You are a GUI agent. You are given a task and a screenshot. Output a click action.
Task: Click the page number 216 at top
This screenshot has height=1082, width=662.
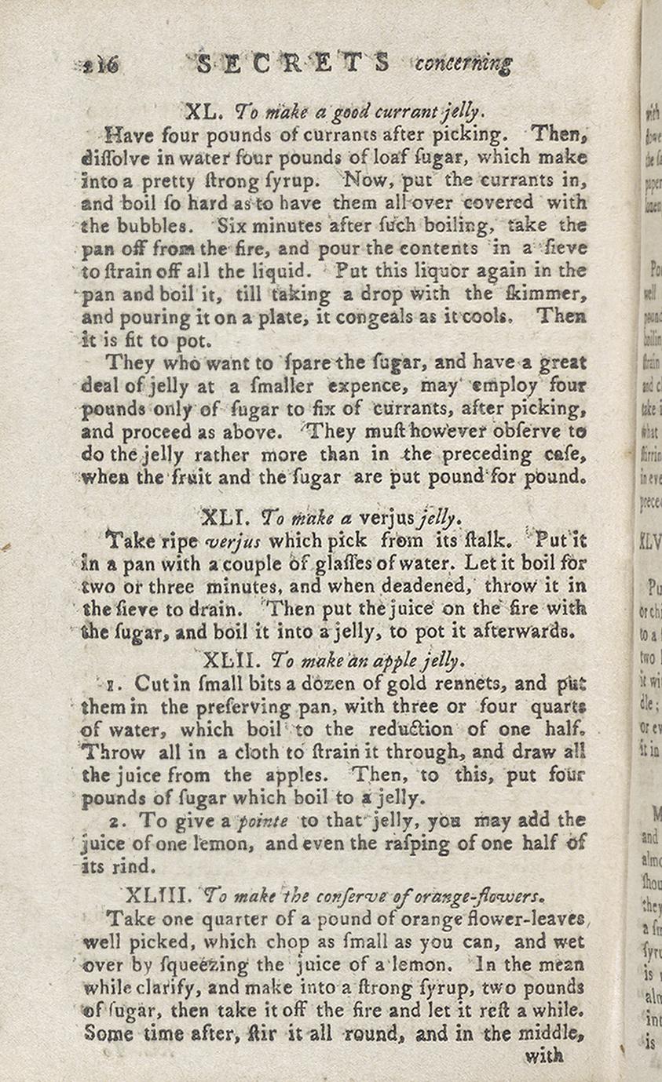101,65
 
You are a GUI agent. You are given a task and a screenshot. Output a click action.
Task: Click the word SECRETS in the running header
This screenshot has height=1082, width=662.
292,63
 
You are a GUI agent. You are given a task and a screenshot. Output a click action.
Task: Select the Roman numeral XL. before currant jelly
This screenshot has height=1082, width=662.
204,111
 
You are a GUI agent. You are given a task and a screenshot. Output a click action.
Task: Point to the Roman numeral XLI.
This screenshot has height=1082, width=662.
226,518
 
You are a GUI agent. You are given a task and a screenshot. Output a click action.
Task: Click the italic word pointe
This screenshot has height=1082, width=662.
263,821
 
